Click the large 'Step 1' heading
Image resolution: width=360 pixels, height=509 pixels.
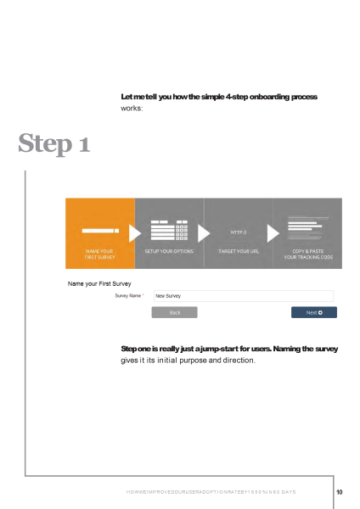pyautogui.click(x=54, y=145)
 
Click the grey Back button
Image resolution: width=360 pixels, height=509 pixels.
pyautogui.click(x=174, y=312)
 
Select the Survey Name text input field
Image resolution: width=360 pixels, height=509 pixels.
pyautogui.click(x=242, y=296)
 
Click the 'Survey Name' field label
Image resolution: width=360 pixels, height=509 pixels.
pyautogui.click(x=128, y=296)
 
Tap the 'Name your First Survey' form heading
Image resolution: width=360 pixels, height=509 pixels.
pyautogui.click(x=99, y=282)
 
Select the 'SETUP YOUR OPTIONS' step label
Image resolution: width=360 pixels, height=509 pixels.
pyautogui.click(x=169, y=252)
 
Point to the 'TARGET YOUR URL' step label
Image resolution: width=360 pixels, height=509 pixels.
pyautogui.click(x=239, y=252)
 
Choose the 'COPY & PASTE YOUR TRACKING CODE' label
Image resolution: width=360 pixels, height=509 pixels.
pyautogui.click(x=308, y=255)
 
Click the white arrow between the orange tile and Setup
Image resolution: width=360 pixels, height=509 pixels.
pyautogui.click(x=134, y=232)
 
